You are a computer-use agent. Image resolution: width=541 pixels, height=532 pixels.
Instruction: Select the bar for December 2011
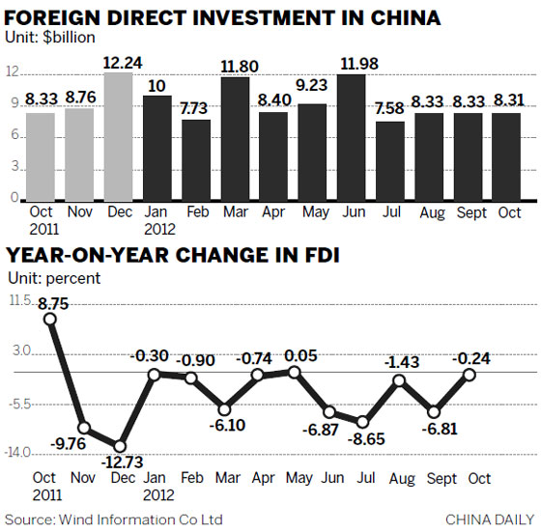click(119, 135)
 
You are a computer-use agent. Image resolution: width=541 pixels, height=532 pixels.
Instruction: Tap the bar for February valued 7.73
click(196, 158)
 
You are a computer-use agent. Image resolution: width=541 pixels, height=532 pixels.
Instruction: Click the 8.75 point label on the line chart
click(52, 301)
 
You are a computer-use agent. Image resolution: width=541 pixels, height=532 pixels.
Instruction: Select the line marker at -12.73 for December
click(119, 446)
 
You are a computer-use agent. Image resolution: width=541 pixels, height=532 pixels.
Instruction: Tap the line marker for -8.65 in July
click(362, 422)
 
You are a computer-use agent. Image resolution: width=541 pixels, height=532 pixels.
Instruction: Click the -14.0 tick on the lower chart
click(20, 452)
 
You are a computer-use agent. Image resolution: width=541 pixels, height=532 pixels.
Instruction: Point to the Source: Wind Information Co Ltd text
click(114, 520)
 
